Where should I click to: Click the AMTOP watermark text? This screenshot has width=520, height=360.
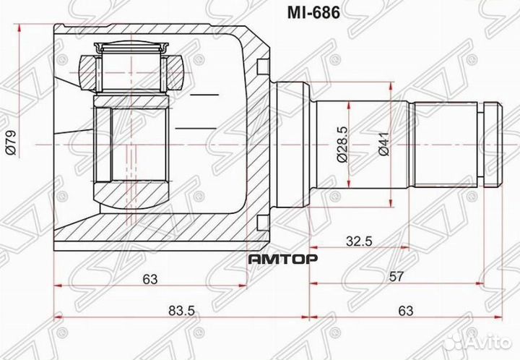tap(278, 259)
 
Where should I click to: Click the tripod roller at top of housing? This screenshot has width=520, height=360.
tap(130, 65)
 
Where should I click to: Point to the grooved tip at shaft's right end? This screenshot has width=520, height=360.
tap(491, 143)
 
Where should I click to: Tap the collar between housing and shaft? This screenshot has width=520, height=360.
tap(292, 143)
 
